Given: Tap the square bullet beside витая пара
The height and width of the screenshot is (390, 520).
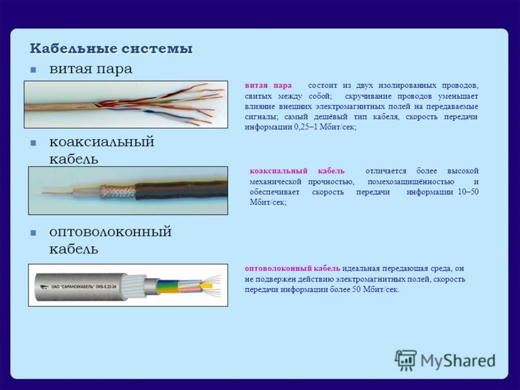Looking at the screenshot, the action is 33,70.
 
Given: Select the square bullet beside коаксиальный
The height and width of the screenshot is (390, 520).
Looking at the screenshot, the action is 33,143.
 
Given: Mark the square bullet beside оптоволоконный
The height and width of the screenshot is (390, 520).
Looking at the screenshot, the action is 33,233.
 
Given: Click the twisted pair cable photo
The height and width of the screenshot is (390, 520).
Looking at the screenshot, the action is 126,105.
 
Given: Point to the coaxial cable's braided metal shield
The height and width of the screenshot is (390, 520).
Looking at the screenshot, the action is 118,192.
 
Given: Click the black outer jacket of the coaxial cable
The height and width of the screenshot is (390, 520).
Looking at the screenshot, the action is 181,190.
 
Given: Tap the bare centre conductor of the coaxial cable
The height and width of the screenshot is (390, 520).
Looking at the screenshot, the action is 57,192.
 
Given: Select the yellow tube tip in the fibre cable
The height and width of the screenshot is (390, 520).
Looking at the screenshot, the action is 207,285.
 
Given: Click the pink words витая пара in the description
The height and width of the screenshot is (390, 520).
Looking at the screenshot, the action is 268,86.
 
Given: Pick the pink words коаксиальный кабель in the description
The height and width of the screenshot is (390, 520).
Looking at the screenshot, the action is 297,171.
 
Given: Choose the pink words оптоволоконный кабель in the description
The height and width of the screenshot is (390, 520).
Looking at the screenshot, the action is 292,268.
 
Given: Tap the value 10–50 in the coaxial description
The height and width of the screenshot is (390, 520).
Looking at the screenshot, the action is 468,192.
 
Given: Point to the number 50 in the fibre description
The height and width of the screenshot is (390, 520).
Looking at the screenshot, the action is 356,289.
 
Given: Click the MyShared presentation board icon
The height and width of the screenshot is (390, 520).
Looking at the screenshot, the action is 406,360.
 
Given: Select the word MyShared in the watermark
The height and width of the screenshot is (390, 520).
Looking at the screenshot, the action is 458,361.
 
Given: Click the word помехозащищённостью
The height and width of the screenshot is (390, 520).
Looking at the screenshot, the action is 411,182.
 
